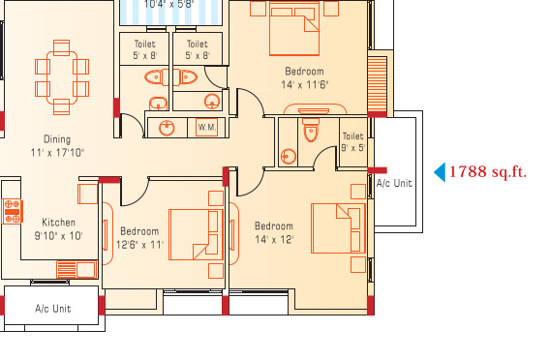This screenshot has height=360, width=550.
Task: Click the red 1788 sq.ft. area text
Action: point(488,172)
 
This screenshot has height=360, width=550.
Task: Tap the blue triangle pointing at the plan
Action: point(440,172)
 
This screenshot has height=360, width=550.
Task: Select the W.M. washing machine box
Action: point(207,127)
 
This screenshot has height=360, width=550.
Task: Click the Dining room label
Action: point(57,139)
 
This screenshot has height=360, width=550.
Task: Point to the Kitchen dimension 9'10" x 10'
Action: point(58,235)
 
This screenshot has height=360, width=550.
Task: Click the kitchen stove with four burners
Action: point(13,211)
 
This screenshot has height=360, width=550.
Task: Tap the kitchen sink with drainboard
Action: point(76,270)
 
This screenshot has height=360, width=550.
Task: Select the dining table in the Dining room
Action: point(62,77)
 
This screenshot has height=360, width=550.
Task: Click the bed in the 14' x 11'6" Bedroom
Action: point(294,29)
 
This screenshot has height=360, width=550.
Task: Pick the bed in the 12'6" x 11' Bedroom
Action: point(196,234)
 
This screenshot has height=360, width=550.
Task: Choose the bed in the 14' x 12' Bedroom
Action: point(338,228)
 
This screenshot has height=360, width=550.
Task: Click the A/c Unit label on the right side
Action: point(394,183)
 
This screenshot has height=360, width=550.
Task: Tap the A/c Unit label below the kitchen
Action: point(53,309)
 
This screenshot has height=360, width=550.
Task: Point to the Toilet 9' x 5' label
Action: point(353,141)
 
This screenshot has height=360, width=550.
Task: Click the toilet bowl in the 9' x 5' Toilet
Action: point(311,130)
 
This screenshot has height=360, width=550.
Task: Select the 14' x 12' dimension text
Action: point(274,239)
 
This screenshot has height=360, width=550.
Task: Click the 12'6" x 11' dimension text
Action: point(140,244)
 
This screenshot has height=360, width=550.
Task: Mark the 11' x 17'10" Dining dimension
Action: point(57,153)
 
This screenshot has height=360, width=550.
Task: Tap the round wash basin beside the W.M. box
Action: point(167,128)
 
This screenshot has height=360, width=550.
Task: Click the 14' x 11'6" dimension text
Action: point(304,85)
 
